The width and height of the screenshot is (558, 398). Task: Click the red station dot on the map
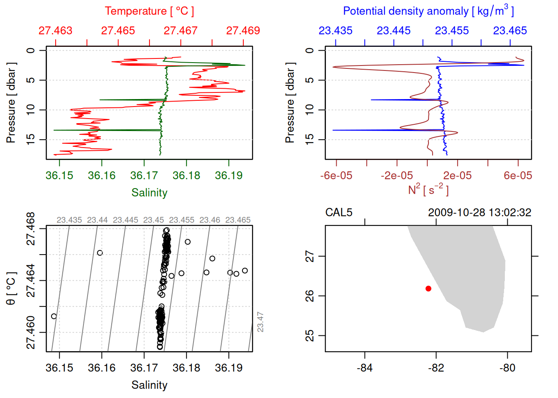[x=428, y=289]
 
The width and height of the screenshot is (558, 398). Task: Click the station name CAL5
[x=339, y=213]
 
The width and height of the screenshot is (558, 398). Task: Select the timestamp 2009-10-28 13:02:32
[x=480, y=213]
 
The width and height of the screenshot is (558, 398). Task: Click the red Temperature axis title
[x=149, y=11]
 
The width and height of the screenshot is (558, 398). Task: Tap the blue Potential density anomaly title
[x=428, y=11]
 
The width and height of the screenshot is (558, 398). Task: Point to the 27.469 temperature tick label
[x=243, y=31]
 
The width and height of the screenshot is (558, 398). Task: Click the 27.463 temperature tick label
[x=55, y=31]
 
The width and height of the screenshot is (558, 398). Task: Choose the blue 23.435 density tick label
[x=335, y=31]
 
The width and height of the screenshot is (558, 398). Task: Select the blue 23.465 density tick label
[x=510, y=31]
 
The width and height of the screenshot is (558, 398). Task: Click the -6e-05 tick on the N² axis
[x=336, y=176]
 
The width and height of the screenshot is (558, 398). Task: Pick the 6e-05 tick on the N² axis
[x=518, y=176]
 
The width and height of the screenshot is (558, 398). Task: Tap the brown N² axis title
[x=428, y=190]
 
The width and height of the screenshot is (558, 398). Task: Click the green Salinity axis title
[x=149, y=193]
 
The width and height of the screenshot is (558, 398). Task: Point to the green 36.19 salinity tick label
[x=229, y=176]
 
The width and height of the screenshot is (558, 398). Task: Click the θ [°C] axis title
[x=11, y=289]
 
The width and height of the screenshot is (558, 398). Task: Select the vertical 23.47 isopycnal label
[x=260, y=322]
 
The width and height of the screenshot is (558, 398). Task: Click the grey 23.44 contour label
[x=97, y=220]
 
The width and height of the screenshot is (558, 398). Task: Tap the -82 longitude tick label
[x=436, y=368]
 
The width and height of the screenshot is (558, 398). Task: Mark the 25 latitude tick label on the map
[x=310, y=335]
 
